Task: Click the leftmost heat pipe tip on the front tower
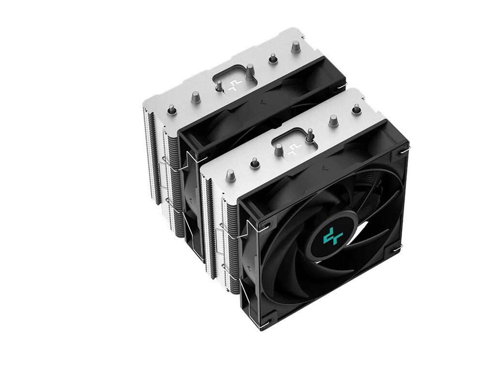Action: tap(230, 175)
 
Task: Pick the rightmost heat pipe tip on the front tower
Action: tap(356, 108)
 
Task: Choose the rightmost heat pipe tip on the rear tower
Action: tap(295, 46)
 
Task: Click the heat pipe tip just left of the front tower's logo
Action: tap(278, 149)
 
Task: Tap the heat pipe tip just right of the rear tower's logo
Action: tap(250, 71)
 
